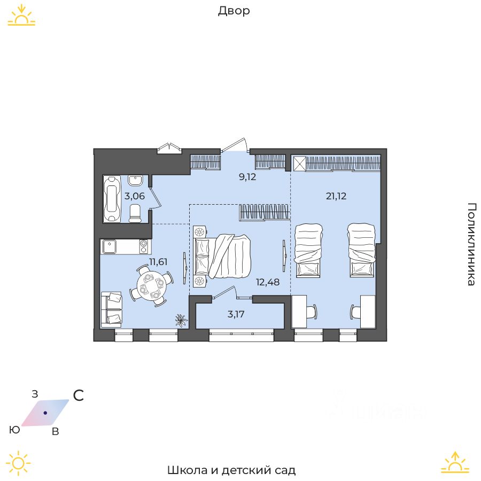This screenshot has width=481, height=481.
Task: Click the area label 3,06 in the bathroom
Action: [135, 196]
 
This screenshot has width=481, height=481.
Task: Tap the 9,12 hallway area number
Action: [247, 177]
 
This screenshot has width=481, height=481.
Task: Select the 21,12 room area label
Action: [336, 196]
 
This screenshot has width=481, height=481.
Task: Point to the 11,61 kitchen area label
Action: [158, 261]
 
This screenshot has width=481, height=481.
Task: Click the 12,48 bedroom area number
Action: [268, 282]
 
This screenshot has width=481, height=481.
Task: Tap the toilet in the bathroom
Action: [136, 213]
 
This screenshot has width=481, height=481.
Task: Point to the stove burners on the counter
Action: [144, 246]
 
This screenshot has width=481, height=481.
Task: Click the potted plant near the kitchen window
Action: [181, 320]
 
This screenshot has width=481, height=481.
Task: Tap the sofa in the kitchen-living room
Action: [111, 308]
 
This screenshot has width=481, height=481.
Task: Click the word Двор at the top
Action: [234, 11]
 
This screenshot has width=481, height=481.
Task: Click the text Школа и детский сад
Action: [231, 470]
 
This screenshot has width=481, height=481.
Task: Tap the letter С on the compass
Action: [79, 395]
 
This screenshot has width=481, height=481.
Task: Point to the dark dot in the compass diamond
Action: [45, 413]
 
